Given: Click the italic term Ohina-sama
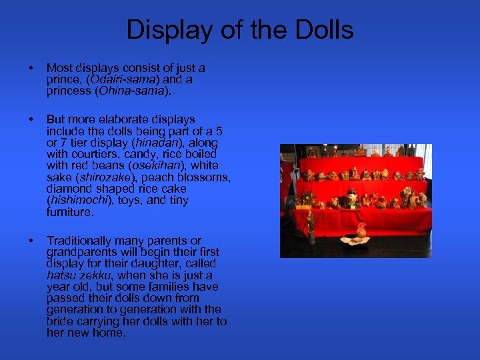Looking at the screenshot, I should (129, 91).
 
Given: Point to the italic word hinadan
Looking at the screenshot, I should (156, 143).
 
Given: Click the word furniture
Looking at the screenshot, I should (70, 212).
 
